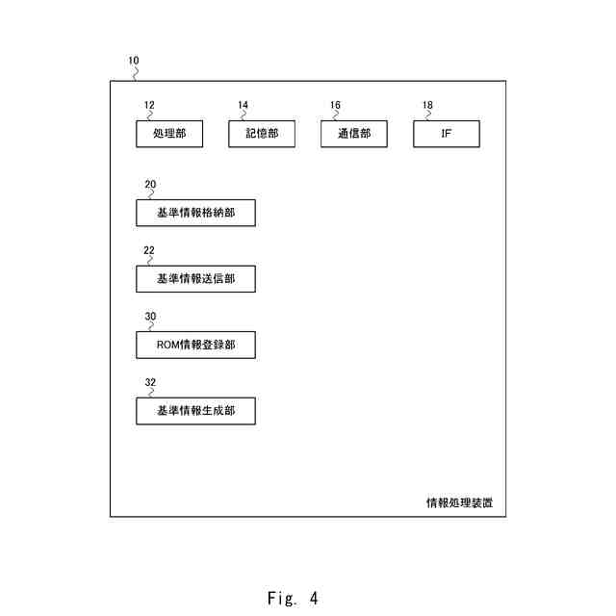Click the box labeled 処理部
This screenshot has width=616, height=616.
[x=169, y=135]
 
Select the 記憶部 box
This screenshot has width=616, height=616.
[x=261, y=135]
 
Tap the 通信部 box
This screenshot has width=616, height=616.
[x=353, y=135]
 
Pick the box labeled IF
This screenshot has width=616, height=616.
[x=446, y=135]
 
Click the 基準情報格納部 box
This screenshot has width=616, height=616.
[x=195, y=213]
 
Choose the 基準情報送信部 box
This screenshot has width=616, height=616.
[x=195, y=279]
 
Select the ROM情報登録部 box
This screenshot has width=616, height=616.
[x=195, y=345]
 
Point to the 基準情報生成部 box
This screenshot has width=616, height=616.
[x=195, y=411]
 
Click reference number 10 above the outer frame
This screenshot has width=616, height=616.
[x=133, y=60]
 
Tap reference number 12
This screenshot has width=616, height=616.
[x=149, y=105]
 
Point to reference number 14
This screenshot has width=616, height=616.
[x=243, y=105]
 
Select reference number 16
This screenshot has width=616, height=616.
[x=335, y=105]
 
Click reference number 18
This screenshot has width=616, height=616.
[x=427, y=105]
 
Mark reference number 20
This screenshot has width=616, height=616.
[x=150, y=183]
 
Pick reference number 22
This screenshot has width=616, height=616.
[x=149, y=249]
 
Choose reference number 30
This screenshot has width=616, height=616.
[x=150, y=316]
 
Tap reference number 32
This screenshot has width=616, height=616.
[x=150, y=382]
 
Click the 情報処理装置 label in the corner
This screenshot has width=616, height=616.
[x=460, y=502]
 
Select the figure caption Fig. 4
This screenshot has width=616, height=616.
[x=293, y=598]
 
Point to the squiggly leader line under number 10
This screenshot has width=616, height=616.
[x=137, y=72]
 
